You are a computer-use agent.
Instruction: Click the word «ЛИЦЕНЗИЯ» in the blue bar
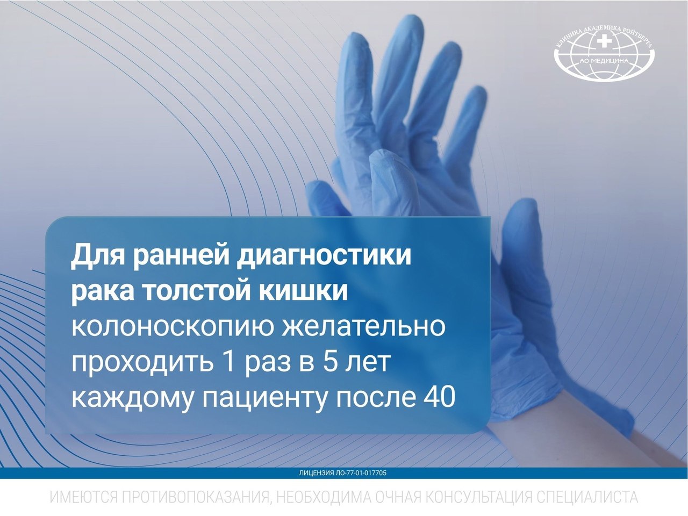(x=316, y=473)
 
